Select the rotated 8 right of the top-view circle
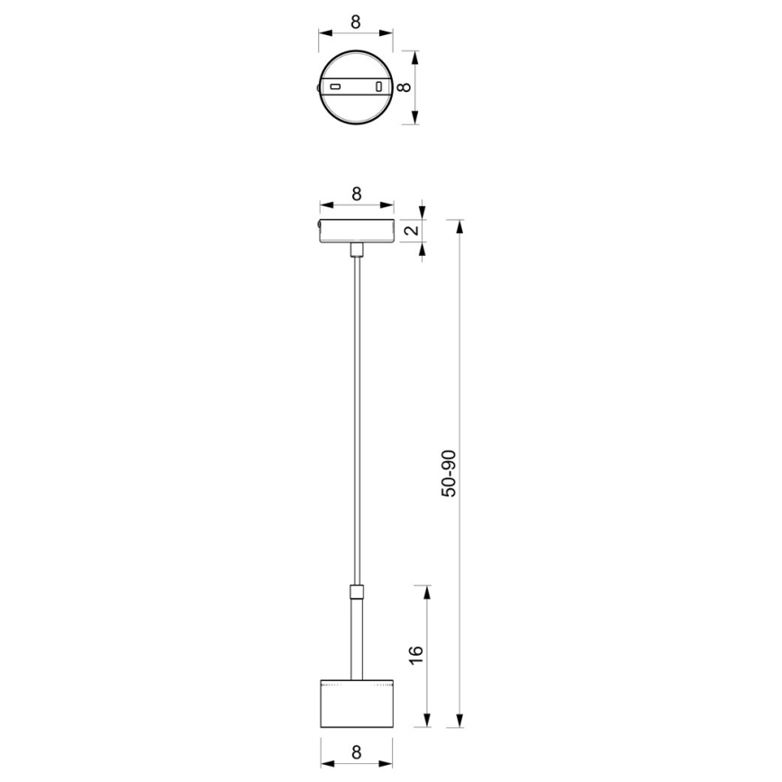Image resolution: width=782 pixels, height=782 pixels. pyautogui.click(x=405, y=87)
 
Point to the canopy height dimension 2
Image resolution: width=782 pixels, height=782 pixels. pyautogui.click(x=411, y=231)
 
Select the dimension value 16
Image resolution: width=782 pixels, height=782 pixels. pyautogui.click(x=416, y=655)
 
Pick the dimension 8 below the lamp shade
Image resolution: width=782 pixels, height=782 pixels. pyautogui.click(x=356, y=750)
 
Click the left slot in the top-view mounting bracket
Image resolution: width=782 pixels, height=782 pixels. pyautogui.click(x=335, y=87)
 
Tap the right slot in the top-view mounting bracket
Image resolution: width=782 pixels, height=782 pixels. pyautogui.click(x=379, y=87)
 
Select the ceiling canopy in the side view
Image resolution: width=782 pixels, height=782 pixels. pyautogui.click(x=356, y=232)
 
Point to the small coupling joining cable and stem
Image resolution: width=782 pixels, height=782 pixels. pyautogui.click(x=357, y=593)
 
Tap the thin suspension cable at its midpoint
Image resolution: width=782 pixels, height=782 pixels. pyautogui.click(x=357, y=421)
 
